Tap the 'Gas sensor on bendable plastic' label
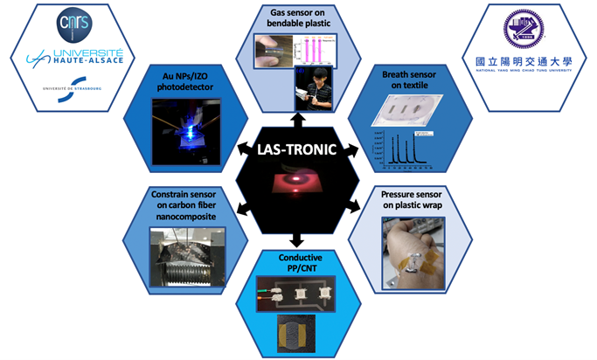[x=298, y=17]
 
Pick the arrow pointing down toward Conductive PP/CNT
[x=299, y=238]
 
